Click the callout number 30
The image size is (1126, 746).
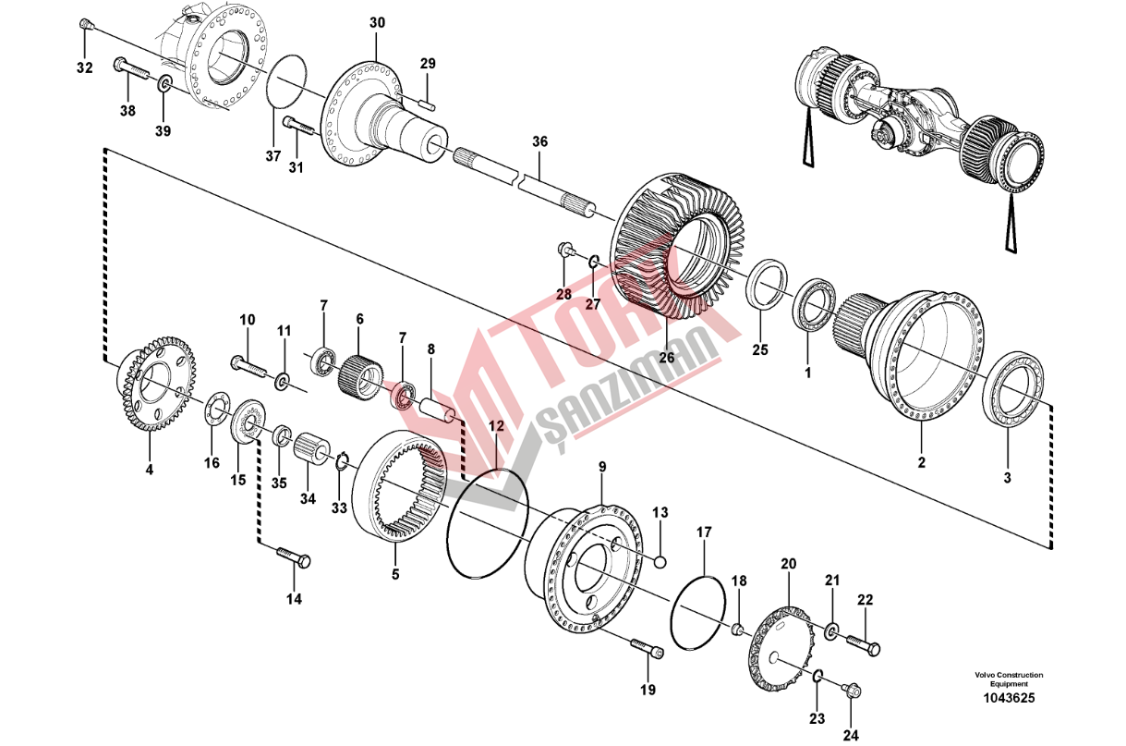coord(377,22)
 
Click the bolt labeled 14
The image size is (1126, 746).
coord(294,557)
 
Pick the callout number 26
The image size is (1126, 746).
coord(667,358)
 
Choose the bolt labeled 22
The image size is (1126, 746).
coord(864,644)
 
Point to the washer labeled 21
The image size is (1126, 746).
coord(831,630)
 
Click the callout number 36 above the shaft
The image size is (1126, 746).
coord(539,141)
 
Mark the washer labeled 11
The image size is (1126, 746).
coord(283,381)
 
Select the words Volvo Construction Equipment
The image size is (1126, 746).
coord(1009,679)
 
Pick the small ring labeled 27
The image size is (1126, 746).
coord(593,261)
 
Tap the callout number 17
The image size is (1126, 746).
coord(704,532)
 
